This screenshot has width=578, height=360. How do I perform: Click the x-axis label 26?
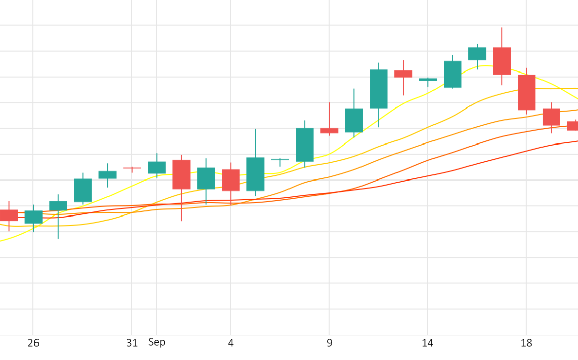point(33,343)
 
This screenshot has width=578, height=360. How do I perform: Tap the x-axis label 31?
point(132,343)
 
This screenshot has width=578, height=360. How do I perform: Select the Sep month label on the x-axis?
point(157,342)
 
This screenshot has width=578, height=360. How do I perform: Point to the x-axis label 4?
point(231,343)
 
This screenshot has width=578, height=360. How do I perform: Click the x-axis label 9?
point(330,343)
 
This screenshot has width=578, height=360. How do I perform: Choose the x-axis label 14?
point(428,343)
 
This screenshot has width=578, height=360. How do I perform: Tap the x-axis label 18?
point(527,343)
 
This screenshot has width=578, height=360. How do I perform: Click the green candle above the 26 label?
point(33,217)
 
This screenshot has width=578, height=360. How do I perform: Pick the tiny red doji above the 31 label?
point(132,168)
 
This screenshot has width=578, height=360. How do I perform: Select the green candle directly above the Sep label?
point(157,167)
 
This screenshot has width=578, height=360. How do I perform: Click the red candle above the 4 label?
point(231,180)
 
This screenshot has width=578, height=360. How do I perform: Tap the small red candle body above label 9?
point(330,130)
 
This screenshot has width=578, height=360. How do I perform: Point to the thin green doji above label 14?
point(428,79)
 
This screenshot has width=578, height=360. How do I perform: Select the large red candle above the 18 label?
point(527,92)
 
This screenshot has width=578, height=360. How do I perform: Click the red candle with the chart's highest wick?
point(502,61)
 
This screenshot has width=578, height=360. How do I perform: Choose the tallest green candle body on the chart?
point(379,89)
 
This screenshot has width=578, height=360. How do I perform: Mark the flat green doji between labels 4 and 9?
point(280,159)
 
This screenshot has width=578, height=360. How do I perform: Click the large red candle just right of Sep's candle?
point(182,174)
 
